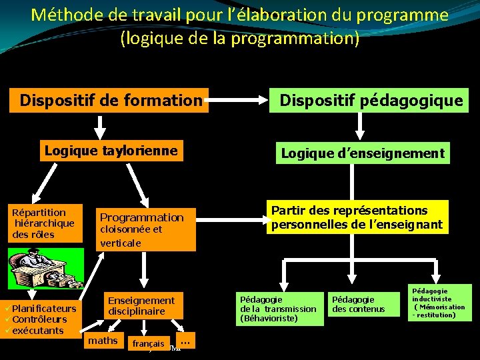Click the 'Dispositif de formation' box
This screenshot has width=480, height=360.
coord(109,101)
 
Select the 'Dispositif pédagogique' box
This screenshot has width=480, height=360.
coord(371,101)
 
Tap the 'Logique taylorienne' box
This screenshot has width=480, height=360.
coord(111,151)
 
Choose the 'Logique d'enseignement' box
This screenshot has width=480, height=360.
coord(363,153)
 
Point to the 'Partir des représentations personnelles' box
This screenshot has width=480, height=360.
coord(357,218)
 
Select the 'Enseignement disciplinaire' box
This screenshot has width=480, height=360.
coord(141,306)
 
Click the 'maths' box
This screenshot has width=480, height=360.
coord(103,341)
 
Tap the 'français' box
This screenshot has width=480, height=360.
coord(148,343)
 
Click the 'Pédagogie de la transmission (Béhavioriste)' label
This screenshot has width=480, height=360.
coord(278,309)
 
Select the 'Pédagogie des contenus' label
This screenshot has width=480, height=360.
coord(359,304)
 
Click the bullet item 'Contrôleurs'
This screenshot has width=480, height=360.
coord(39,319)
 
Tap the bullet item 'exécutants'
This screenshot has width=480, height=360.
coord(38,331)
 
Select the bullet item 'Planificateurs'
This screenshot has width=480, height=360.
coord(44,308)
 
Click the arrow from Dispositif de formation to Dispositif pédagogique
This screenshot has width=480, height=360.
coord(239,101)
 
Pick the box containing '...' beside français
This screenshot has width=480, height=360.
coord(185,341)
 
